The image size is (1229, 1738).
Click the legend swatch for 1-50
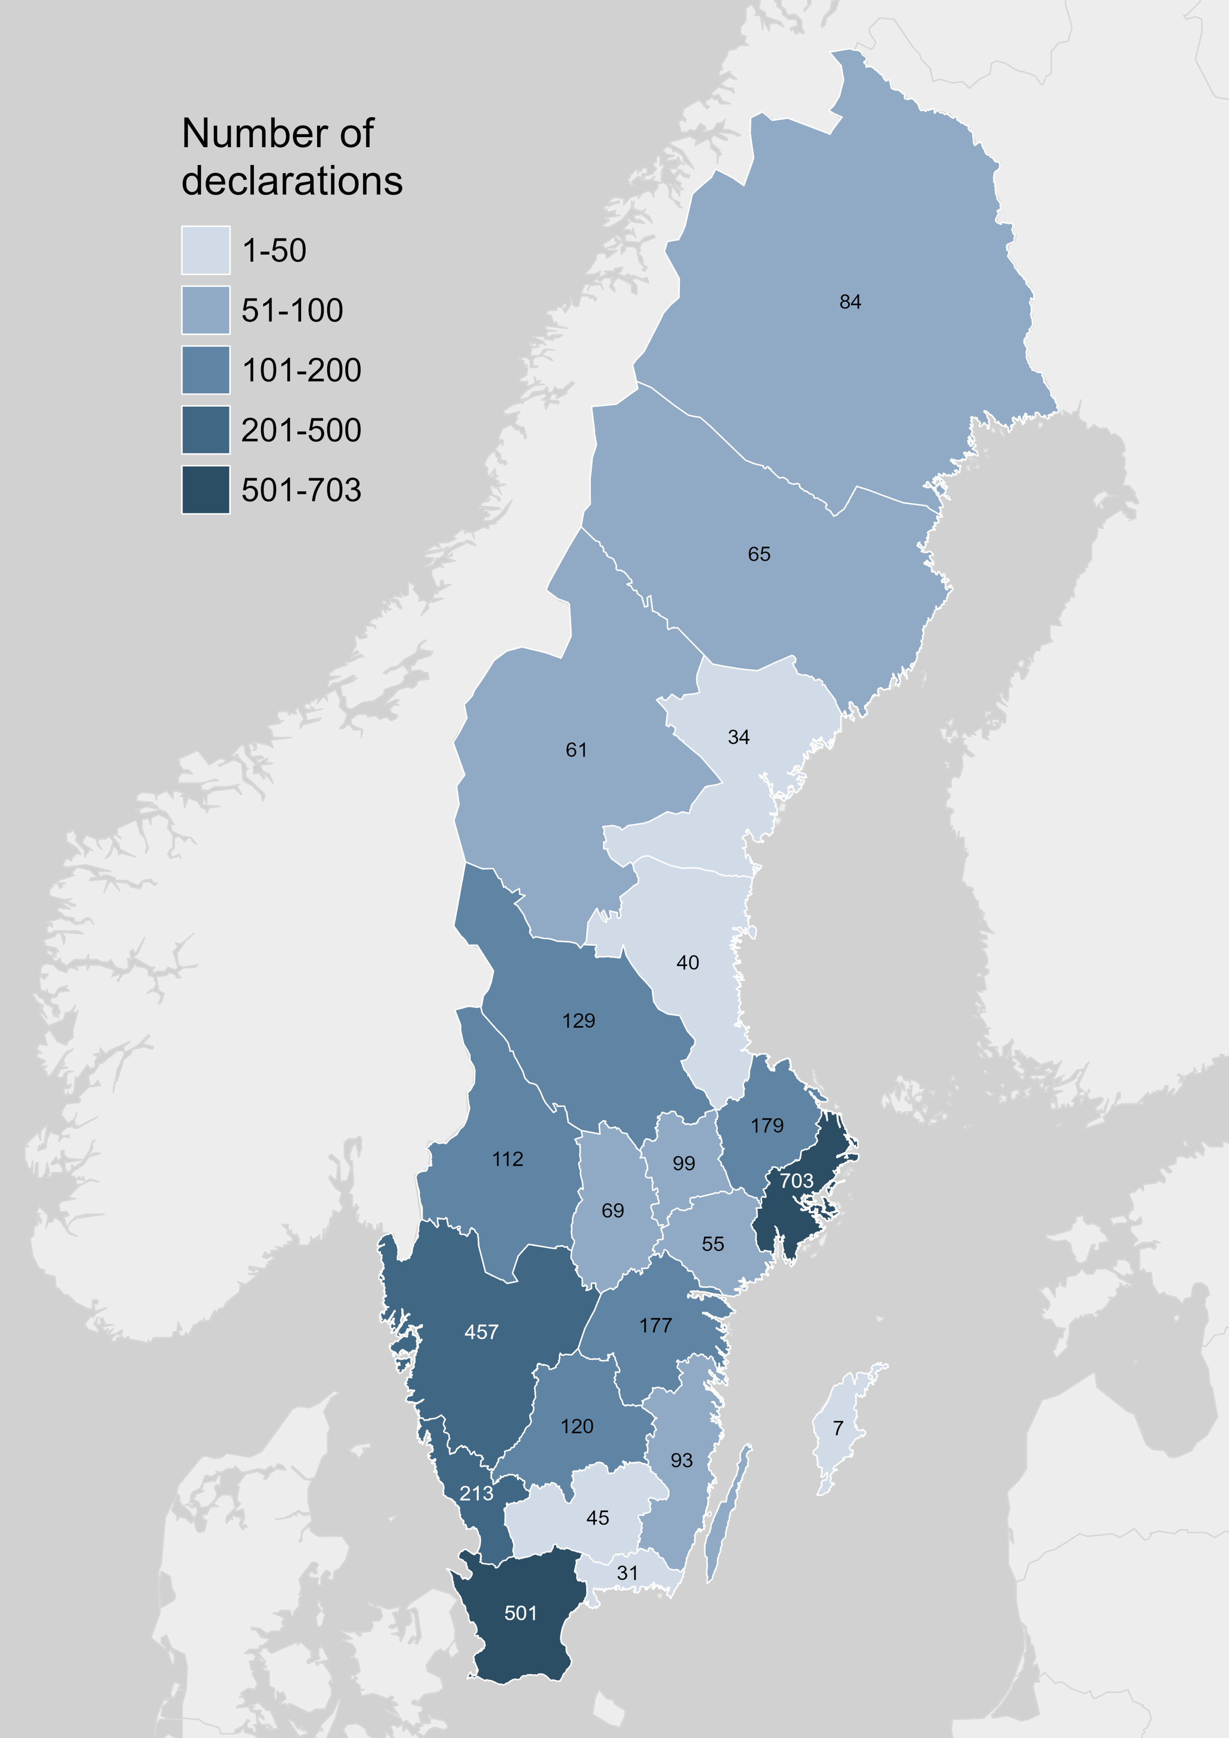tap(205, 250)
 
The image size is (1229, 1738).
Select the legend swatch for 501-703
tap(205, 490)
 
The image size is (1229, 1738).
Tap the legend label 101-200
tap(301, 370)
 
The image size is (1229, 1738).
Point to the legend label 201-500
tap(301, 430)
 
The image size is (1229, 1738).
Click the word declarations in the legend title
tap(291, 181)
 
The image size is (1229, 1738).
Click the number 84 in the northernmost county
tap(850, 302)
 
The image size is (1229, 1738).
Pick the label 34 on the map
tap(738, 737)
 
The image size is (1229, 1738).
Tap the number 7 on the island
tap(838, 1428)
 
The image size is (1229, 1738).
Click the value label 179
tap(767, 1125)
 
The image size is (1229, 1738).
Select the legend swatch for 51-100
tap(205, 310)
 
